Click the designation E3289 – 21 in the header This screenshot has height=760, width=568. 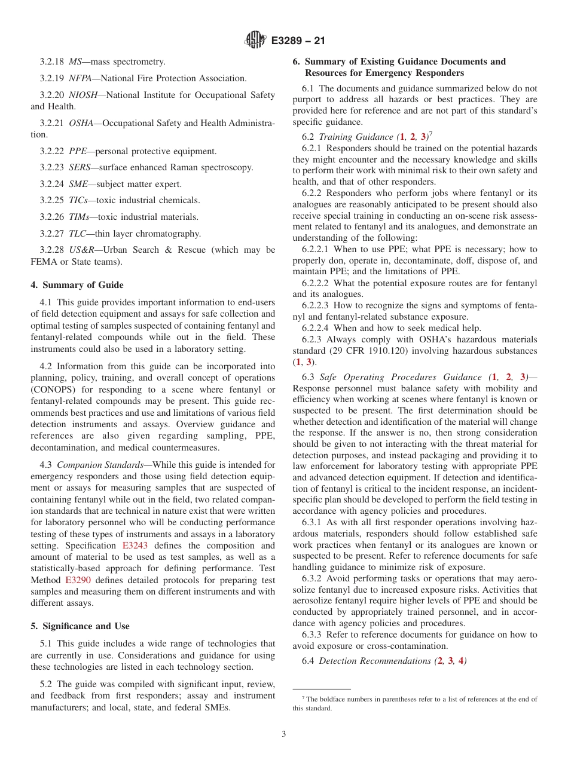tap(298, 41)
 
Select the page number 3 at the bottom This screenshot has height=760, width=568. tap(284, 734)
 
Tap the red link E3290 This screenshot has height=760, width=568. tap(78, 580)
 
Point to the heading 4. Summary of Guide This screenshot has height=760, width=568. tap(77, 285)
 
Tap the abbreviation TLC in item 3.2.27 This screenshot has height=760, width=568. tap(78, 234)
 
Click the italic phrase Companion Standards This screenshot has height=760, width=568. tap(97, 465)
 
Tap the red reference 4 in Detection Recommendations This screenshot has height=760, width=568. tap(461, 661)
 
